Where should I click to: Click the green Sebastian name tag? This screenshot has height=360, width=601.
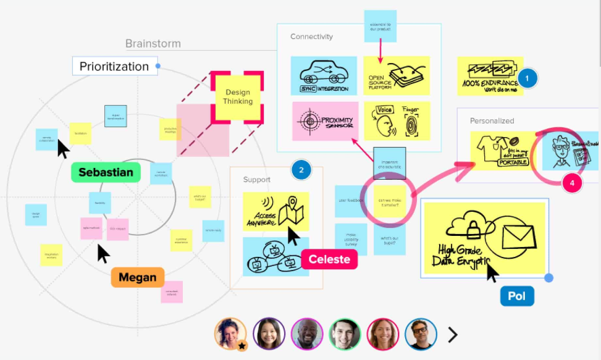tap(106, 172)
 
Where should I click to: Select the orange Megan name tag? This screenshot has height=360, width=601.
tap(137, 277)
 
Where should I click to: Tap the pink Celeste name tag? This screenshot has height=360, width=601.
tap(329, 259)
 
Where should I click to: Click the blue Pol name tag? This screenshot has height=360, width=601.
tap(516, 296)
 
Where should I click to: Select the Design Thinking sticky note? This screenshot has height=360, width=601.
tap(238, 97)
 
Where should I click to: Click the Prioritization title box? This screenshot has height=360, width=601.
tap(114, 66)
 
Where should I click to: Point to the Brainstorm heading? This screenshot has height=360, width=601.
tap(153, 44)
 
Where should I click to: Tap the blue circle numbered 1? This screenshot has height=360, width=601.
tap(527, 78)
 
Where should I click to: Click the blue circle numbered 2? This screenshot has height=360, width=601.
tap(301, 170)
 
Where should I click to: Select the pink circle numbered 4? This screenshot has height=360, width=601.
tap(572, 183)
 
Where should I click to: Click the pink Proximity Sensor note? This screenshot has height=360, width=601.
tap(326, 121)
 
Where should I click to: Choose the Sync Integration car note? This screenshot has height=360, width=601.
tap(324, 76)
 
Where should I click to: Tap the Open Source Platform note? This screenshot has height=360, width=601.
tap(396, 76)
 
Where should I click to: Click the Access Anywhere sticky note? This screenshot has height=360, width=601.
tap(275, 211)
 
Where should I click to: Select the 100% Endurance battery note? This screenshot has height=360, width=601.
tap(490, 76)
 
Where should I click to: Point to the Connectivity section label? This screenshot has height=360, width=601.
tap(311, 37)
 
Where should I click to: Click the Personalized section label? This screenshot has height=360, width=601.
tap(492, 121)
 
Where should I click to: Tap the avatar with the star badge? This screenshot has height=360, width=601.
tap(230, 334)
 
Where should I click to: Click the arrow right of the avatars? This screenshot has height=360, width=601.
tap(453, 335)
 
